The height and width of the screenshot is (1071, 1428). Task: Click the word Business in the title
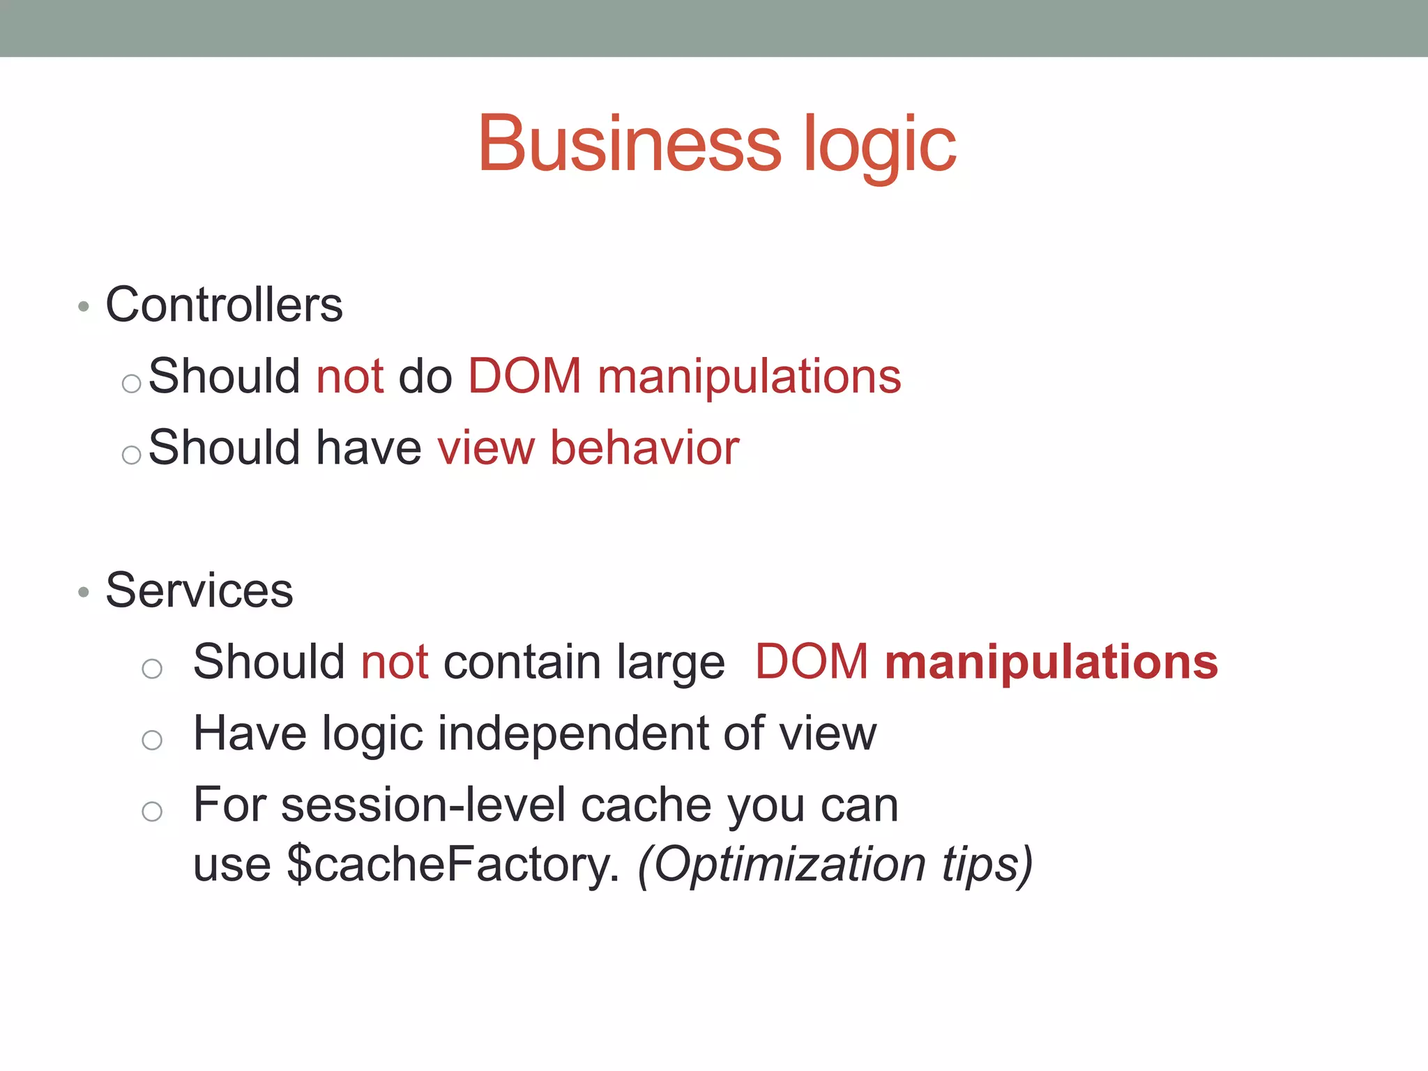coord(630,144)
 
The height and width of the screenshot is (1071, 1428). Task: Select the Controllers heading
coord(224,305)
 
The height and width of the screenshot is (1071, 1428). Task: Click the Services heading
coord(199,591)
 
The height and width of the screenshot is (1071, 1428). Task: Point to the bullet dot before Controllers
coord(84,307)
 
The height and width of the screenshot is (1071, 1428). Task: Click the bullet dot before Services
coord(84,593)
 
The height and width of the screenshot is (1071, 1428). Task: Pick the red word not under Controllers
coord(349,377)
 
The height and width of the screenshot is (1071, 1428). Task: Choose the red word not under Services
coord(394,662)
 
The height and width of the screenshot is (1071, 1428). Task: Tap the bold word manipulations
coord(1051,662)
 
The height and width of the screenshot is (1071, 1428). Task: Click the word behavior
coord(644,448)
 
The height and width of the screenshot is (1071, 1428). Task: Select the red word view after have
coord(485,448)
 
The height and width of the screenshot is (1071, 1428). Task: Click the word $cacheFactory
coord(453,865)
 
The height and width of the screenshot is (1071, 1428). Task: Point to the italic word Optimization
coord(782,865)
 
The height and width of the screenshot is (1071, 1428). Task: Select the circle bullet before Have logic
coord(152,740)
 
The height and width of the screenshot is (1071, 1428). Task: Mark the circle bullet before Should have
coord(131,455)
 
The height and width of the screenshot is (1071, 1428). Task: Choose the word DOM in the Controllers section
coord(524,377)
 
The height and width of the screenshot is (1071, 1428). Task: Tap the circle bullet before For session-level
coord(152,811)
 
